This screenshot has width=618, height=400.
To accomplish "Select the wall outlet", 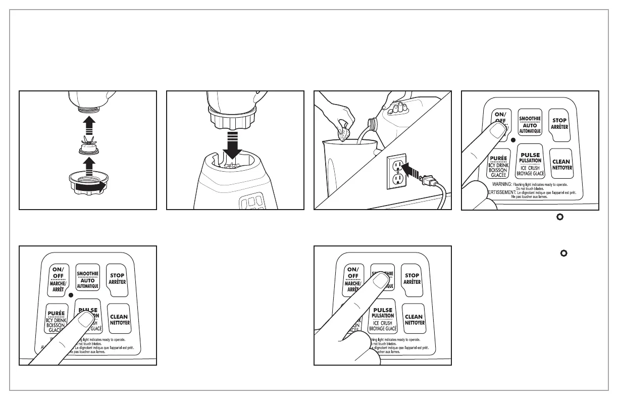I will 397,172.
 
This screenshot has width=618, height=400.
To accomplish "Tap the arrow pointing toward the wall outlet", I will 415,173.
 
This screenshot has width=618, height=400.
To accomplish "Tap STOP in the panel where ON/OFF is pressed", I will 560,124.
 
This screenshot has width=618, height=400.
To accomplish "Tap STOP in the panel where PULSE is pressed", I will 118,279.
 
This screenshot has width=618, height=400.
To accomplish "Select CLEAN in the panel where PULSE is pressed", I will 119,320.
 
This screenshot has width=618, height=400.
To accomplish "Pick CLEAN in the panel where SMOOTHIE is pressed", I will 414,319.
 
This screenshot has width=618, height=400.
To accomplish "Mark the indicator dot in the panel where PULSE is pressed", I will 71,294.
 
